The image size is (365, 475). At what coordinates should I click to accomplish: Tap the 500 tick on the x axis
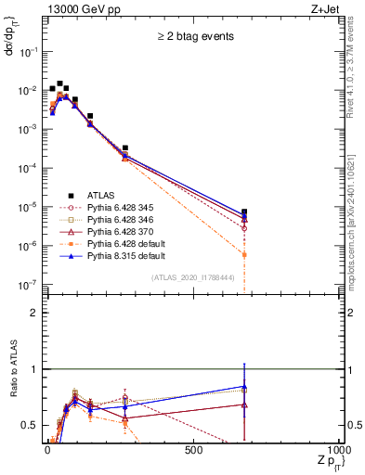[x=193, y=450]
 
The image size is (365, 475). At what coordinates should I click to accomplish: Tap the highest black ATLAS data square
[x=59, y=83]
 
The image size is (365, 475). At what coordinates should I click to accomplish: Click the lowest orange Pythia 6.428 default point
[x=244, y=254]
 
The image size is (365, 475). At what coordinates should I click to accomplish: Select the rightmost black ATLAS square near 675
[x=244, y=212]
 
